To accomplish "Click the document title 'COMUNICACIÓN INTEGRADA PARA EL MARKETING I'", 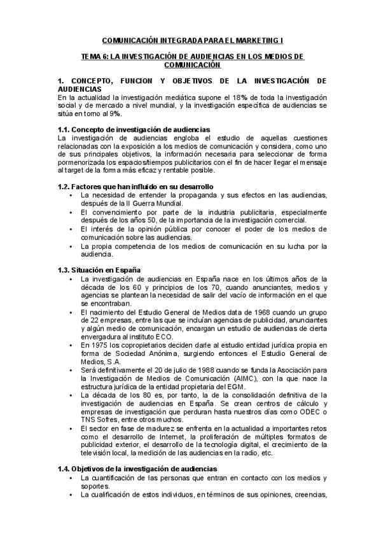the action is pyautogui.click(x=190, y=38).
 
